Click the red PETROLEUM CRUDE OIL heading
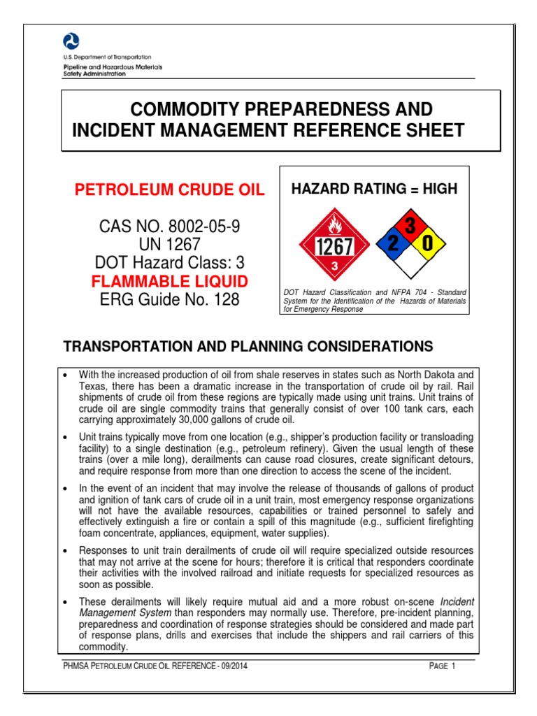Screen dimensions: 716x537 [169, 191]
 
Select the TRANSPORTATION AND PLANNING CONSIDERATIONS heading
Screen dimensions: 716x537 [248, 347]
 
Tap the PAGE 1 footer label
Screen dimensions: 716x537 [442, 666]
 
